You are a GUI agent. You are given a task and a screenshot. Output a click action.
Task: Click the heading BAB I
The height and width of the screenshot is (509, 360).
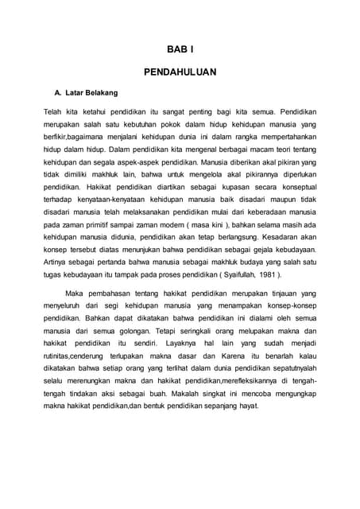coord(180,49)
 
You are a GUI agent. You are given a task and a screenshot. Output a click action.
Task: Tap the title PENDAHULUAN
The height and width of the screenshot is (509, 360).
coord(180,72)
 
